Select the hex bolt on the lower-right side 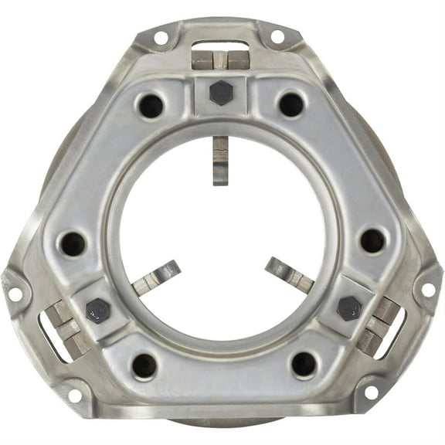[x=349, y=308]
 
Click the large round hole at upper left [x=151, y=104]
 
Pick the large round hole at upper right [x=290, y=104]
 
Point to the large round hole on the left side [x=73, y=244]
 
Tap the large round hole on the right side [x=372, y=241]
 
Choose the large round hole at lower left [x=144, y=365]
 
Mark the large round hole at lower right [x=304, y=364]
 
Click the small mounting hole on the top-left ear [x=161, y=37]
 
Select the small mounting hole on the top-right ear [x=277, y=36]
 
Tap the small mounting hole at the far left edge [x=15, y=294]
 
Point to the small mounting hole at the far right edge [x=428, y=291]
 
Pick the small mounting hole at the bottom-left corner [x=75, y=396]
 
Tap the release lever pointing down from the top [x=220, y=159]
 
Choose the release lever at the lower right [x=289, y=274]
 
